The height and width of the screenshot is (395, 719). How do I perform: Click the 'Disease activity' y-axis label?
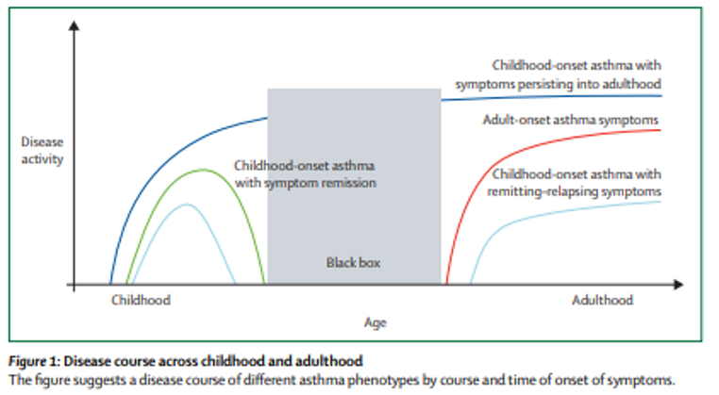42,151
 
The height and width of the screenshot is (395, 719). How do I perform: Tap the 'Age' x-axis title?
376,321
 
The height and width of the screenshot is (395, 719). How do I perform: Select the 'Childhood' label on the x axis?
141,300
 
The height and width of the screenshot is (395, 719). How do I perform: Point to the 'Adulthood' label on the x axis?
602,300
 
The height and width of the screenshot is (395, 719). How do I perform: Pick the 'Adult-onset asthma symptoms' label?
570,120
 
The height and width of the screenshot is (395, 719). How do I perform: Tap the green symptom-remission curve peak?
202,170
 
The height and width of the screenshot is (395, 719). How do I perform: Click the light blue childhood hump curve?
187,205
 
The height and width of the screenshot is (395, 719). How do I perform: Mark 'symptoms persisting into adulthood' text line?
558,83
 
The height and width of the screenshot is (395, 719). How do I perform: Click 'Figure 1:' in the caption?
35,361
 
